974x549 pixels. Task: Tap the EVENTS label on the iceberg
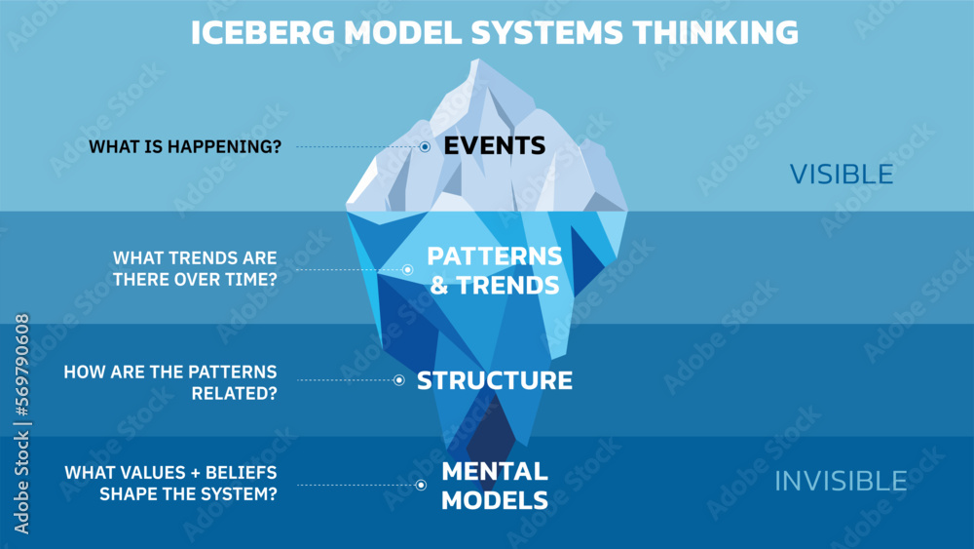click(494, 146)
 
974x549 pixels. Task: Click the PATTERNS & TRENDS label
click(494, 270)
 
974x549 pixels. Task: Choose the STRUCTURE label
click(494, 380)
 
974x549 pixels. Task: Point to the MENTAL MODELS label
click(494, 485)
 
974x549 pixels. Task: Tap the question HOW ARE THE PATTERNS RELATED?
click(170, 381)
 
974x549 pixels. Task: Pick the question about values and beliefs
click(170, 484)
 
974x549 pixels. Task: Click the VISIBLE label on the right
click(841, 174)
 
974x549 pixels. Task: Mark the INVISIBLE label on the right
click(841, 481)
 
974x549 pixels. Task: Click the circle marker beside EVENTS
click(426, 147)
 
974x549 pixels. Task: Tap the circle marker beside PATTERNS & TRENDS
click(408, 270)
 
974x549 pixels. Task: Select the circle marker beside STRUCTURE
click(398, 380)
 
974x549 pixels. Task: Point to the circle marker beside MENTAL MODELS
click(421, 485)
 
